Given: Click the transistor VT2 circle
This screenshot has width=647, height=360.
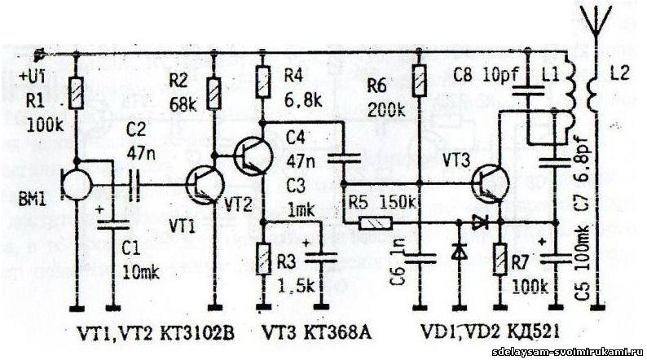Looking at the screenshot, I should [250, 156].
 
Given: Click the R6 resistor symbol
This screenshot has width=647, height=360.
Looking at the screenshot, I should [418, 82].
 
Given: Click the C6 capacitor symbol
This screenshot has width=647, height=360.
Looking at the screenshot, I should [420, 258].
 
